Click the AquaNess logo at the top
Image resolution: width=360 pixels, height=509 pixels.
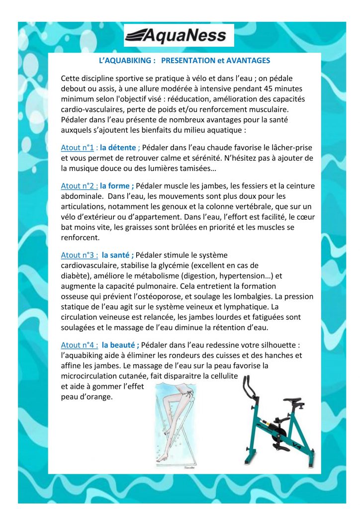point(179,35)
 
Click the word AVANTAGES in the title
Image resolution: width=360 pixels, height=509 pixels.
point(247,61)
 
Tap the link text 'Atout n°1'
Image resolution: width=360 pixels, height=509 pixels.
point(78,147)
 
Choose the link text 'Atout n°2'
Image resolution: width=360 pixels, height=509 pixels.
point(78,186)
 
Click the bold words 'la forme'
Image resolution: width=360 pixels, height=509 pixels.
point(116,186)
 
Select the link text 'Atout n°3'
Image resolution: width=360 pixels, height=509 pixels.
point(78,255)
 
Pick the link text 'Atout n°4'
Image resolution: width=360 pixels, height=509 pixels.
point(78,344)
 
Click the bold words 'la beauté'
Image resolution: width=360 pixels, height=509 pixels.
point(120,344)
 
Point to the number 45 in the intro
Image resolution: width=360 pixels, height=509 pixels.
point(270,88)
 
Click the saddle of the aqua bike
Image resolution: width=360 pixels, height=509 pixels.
point(292,400)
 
